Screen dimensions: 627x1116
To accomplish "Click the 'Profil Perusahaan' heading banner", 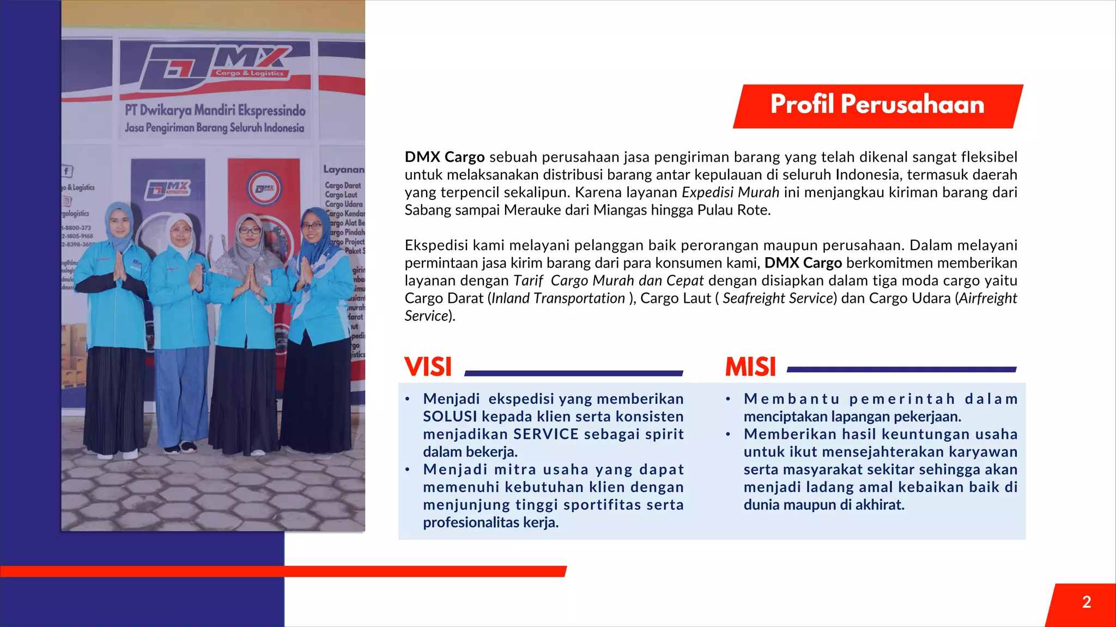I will click(877, 105).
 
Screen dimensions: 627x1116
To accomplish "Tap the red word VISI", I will click(428, 367).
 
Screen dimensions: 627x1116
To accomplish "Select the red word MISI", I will click(750, 367).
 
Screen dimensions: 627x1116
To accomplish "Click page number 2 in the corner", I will click(1087, 602).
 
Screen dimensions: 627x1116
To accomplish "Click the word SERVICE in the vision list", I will click(546, 434).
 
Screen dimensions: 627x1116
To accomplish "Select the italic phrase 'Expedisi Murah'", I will click(730, 192).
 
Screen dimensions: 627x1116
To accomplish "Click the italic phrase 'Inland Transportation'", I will click(558, 299).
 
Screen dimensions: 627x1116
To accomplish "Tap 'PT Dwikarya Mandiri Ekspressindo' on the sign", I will click(215, 111).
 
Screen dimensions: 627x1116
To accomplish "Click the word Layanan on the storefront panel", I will click(343, 169).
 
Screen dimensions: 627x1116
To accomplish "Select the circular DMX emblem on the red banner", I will click(265, 188).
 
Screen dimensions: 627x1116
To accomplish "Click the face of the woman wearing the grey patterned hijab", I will click(250, 231).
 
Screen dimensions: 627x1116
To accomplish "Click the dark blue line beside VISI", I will click(573, 373).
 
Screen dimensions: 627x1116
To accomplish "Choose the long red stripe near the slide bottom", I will click(283, 571).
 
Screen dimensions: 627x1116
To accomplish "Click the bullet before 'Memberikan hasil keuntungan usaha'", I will click(728, 435).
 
